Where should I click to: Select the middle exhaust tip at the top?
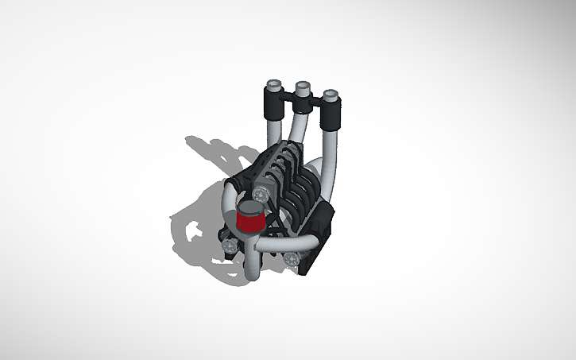(x=302, y=87)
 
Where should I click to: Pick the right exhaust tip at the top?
(x=331, y=98)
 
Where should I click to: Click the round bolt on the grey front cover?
(x=262, y=193)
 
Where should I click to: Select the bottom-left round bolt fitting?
(x=230, y=248)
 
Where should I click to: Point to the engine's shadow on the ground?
(x=199, y=215)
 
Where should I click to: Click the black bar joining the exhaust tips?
(x=302, y=101)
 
